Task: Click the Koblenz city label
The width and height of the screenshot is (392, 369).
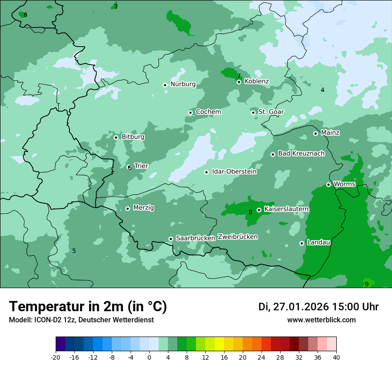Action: click(x=257, y=81)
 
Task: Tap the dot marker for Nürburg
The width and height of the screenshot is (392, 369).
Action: click(x=165, y=85)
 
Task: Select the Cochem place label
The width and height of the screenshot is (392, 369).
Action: click(x=208, y=112)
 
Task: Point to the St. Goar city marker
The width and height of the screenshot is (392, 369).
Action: click(x=253, y=112)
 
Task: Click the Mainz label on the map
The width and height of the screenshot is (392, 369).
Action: click(x=330, y=133)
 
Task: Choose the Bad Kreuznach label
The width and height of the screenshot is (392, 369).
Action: click(x=301, y=154)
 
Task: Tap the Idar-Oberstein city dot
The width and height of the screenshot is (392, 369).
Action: click(x=206, y=172)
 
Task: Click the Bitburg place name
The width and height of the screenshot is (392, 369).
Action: click(x=133, y=137)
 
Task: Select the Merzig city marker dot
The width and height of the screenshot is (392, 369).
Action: click(x=127, y=209)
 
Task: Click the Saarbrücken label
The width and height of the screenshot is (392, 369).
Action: click(x=196, y=238)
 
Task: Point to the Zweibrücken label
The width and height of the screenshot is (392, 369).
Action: click(x=237, y=237)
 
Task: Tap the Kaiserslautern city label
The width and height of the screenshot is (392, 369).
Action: click(x=286, y=209)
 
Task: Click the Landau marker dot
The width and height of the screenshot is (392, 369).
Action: click(x=302, y=243)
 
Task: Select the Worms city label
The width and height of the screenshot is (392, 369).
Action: click(x=344, y=184)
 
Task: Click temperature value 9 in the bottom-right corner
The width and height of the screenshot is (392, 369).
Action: click(x=367, y=284)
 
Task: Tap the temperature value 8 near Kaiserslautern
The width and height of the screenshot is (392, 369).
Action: click(x=250, y=212)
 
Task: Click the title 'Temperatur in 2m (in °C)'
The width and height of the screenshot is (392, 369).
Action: click(x=88, y=307)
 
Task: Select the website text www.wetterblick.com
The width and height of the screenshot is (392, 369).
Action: click(x=321, y=320)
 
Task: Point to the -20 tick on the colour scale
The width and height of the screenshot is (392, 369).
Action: click(x=56, y=357)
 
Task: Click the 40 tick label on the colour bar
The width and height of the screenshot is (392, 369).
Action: click(x=336, y=357)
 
